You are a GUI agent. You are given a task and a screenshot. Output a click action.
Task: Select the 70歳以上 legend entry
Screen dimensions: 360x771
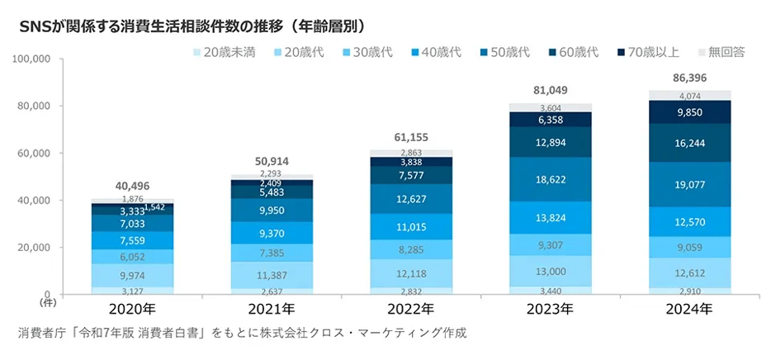[x=649, y=53]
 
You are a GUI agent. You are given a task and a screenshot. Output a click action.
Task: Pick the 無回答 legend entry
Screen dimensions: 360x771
[x=720, y=53]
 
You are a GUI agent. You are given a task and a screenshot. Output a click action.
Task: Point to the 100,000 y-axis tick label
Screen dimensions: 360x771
[x=33, y=59]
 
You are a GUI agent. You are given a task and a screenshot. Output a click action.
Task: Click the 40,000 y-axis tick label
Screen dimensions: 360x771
[x=35, y=201]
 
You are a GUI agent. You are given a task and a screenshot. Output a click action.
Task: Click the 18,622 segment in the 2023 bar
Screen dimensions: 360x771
[x=551, y=179]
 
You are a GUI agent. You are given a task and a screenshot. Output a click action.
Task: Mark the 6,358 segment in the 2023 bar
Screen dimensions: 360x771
[x=551, y=120]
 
